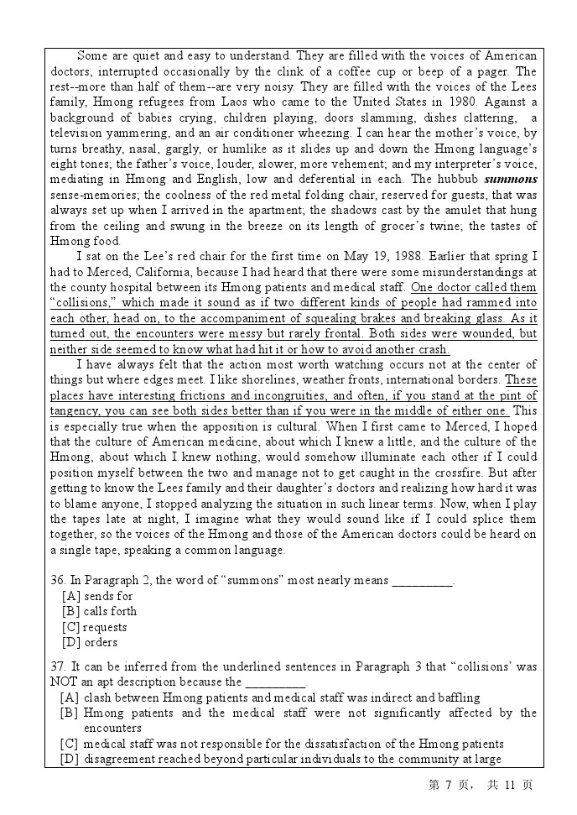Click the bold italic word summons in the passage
coord(511,179)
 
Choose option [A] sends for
coord(97,596)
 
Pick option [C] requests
coord(94,627)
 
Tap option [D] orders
coord(90,642)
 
